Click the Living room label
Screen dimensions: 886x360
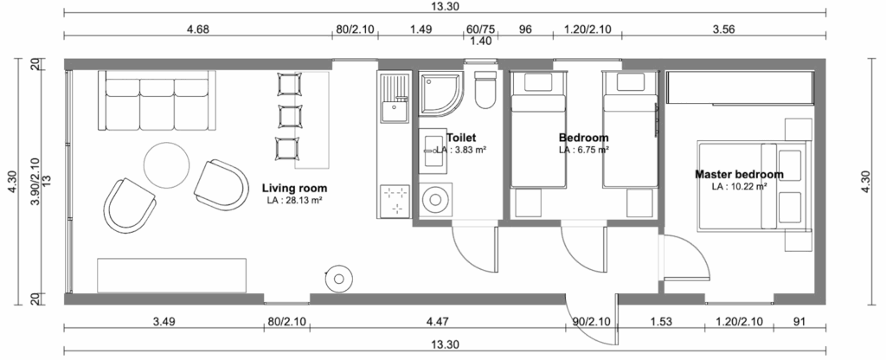(x=294, y=188)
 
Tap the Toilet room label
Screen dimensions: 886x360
(x=461, y=138)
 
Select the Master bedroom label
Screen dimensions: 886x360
(x=739, y=175)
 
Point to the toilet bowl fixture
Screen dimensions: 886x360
(x=485, y=90)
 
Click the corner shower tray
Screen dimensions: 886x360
(x=440, y=93)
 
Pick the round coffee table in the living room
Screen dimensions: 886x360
(x=167, y=165)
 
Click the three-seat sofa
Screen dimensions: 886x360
(x=157, y=100)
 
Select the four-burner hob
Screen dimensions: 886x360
(x=395, y=201)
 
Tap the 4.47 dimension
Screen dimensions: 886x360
(x=438, y=322)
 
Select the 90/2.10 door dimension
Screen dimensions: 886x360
(x=592, y=322)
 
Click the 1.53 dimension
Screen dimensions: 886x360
(x=661, y=322)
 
